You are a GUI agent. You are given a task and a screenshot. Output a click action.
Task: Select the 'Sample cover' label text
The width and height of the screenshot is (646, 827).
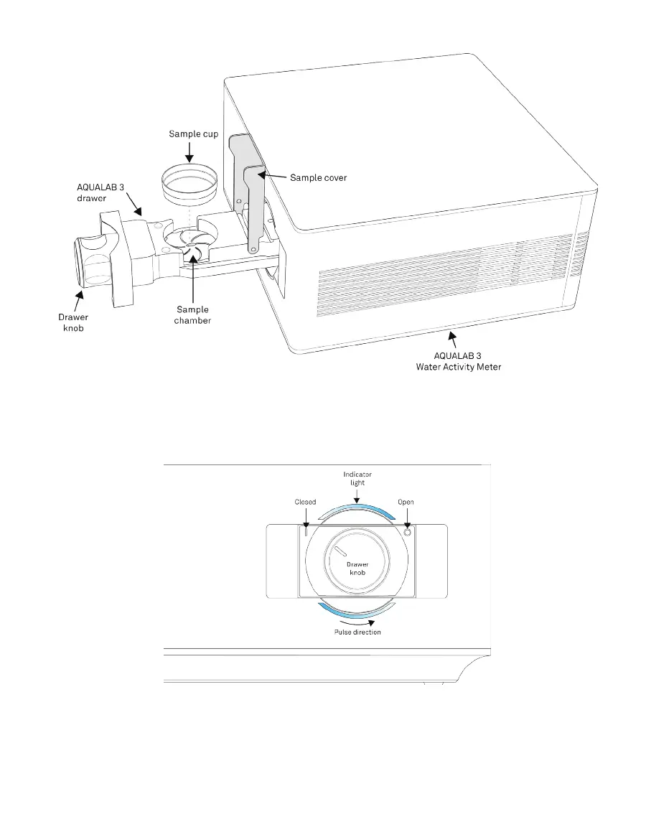(x=318, y=177)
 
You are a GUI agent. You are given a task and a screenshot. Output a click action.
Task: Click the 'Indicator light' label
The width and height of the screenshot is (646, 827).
(x=357, y=478)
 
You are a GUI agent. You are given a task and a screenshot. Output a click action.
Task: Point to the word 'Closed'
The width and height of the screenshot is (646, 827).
(x=305, y=502)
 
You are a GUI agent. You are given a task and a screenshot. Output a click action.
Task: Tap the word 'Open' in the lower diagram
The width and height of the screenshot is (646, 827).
(x=406, y=502)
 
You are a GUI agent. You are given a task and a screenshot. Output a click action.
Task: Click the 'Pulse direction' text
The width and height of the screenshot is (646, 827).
(x=357, y=632)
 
